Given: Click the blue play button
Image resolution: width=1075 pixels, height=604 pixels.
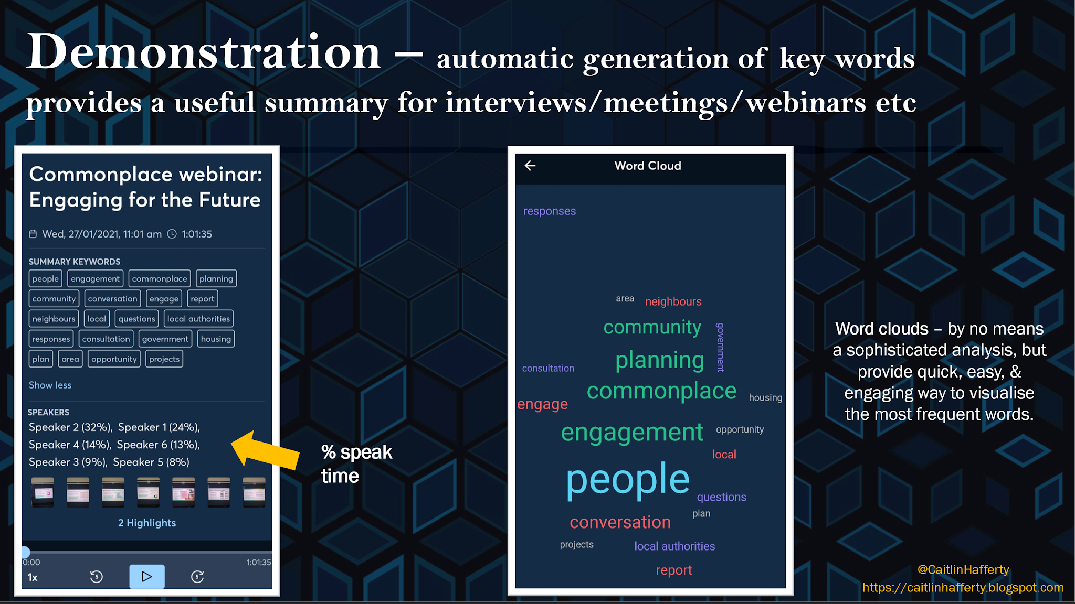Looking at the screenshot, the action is coord(147,576).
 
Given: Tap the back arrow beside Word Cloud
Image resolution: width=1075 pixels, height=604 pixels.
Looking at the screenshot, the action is coord(530,166).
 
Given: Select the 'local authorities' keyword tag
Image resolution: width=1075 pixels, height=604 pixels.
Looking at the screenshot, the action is coord(198,319).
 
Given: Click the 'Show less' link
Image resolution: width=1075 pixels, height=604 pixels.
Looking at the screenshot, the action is coord(50,385).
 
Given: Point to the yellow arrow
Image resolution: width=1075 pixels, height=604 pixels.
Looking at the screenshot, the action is coord(265,450).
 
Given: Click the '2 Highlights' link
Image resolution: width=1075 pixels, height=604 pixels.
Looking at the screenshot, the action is coord(147,523).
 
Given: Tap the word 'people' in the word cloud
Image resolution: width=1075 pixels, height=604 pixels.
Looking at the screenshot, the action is coord(628,480).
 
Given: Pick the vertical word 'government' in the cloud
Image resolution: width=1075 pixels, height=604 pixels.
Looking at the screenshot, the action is coord(721,347).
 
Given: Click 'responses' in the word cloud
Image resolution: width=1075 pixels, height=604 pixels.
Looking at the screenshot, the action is coord(550,211).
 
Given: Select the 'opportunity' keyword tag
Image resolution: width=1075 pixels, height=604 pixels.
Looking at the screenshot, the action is coord(114,359).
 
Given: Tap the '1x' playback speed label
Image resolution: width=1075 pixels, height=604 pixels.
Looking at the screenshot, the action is coord(33,577).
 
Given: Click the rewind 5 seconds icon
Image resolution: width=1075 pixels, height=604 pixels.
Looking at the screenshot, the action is coord(97,577).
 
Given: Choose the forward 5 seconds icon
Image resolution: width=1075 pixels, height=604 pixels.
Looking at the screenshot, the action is coord(197,577).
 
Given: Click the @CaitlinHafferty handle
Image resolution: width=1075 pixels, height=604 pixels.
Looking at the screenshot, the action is coord(963,569).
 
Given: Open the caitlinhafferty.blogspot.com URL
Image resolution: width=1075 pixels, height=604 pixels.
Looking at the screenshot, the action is coord(963,588).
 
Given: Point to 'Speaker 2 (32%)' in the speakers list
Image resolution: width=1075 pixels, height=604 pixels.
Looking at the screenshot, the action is coord(70,427).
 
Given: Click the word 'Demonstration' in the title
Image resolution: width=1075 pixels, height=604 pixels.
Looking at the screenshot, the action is coord(204,52).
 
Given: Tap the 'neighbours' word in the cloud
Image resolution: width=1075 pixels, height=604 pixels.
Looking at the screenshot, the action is coord(673,301).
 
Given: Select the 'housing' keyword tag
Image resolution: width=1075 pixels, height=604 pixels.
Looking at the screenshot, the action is coord(216,339).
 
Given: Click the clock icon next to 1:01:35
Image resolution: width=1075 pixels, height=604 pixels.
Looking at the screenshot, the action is coord(172,234).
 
